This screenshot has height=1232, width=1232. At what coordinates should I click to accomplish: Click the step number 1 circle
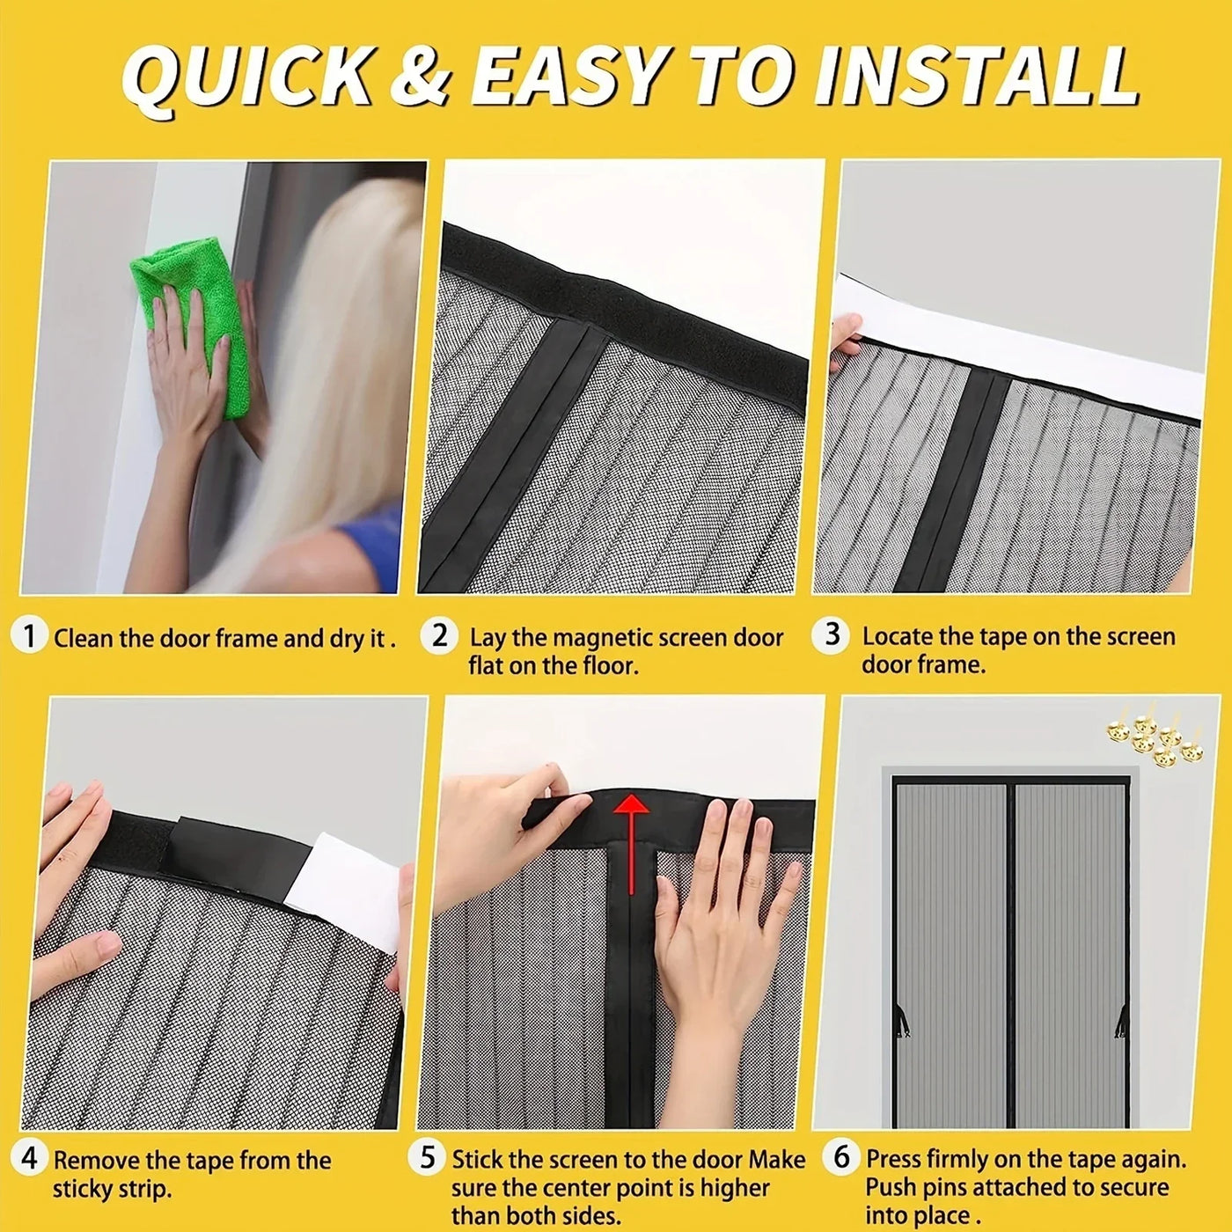30,635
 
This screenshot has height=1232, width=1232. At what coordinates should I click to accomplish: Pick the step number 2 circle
440,634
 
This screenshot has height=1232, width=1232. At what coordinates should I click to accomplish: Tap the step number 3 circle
832,634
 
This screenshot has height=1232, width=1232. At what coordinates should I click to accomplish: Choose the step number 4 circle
30,1158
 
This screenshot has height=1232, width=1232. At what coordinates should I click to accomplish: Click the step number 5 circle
427,1158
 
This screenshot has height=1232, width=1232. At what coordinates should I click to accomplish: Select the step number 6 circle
841,1156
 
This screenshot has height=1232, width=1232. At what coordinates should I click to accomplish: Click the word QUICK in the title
246,77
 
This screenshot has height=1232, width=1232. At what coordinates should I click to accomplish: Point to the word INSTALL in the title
977,77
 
